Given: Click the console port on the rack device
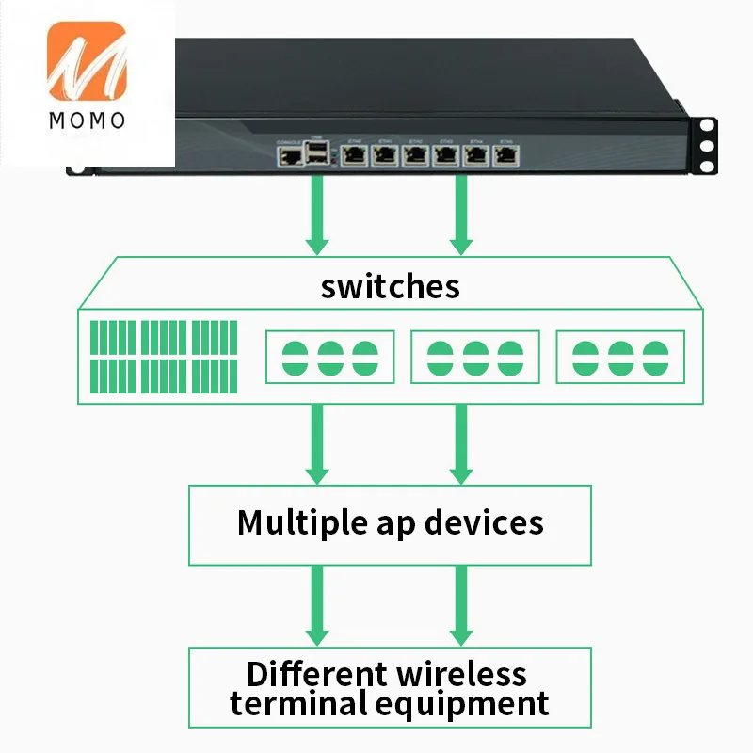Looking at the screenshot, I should click(x=289, y=153).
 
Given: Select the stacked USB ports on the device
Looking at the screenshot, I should click(x=318, y=152).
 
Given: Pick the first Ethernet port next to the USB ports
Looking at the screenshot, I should click(x=354, y=154).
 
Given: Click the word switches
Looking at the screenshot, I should click(x=391, y=285).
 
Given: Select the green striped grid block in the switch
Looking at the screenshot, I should click(x=164, y=357).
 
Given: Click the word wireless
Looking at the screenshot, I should click(x=461, y=674).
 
